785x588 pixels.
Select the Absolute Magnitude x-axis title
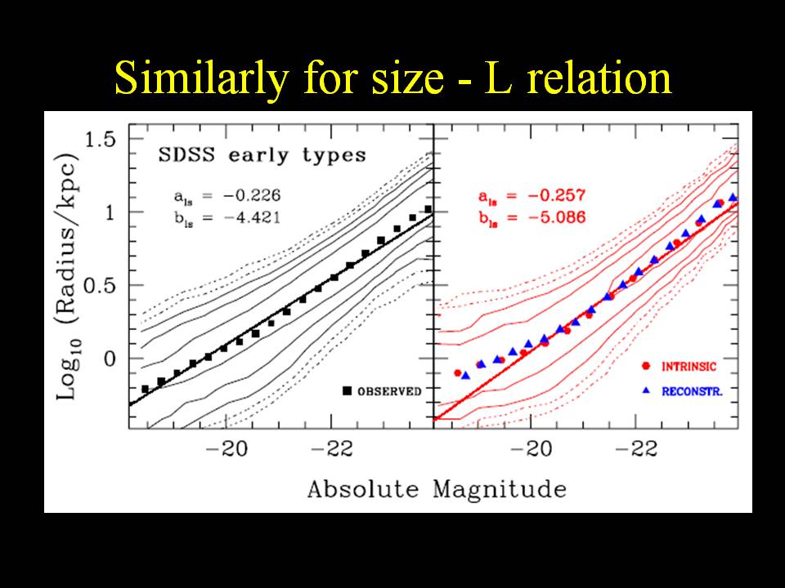(x=437, y=489)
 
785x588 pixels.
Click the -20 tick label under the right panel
(x=532, y=448)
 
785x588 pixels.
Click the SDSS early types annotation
(x=262, y=155)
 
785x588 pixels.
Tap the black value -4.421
(x=243, y=216)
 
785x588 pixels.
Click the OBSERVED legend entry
(x=389, y=391)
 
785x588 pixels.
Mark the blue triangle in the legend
(x=646, y=391)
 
